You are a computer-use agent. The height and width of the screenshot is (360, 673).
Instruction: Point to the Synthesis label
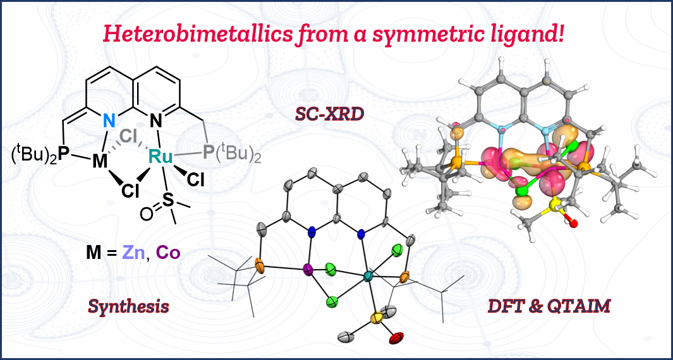click(128, 306)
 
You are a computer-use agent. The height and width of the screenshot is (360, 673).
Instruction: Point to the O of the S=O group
click(146, 213)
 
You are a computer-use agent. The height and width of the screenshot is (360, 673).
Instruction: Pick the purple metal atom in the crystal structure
click(308, 270)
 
